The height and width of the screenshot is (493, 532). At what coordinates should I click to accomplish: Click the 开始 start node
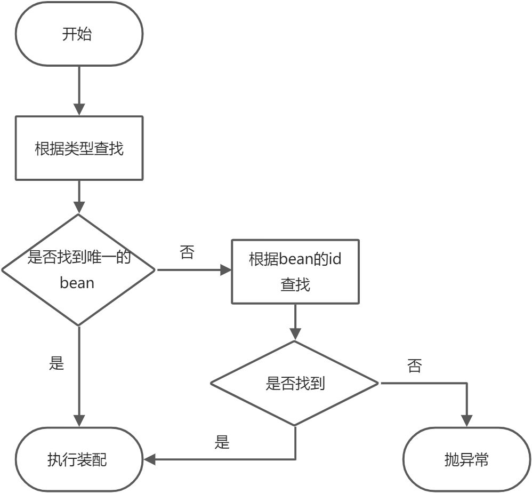click(79, 35)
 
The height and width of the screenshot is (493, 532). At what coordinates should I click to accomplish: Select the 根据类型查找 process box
click(79, 148)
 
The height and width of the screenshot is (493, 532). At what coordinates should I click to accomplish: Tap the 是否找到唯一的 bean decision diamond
click(79, 270)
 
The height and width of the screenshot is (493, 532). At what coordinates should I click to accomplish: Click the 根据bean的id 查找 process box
click(295, 272)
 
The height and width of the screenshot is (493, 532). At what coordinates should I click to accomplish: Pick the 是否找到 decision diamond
click(295, 383)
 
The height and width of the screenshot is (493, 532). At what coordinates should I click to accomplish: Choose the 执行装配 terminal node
click(79, 459)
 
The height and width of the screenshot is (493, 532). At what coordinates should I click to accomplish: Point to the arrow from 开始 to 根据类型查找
click(79, 91)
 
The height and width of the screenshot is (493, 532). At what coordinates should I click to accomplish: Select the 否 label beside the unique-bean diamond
click(187, 252)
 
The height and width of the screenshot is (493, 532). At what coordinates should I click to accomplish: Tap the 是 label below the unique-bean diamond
click(56, 363)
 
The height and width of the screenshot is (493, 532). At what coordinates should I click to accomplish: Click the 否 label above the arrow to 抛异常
click(414, 365)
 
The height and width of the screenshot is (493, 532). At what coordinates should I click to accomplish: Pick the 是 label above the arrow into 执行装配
click(222, 442)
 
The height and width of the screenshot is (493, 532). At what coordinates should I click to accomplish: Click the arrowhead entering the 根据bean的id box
click(225, 270)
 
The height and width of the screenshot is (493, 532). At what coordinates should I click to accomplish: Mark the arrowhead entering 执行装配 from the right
click(150, 459)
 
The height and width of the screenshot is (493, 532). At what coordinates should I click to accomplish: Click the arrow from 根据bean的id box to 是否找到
click(295, 322)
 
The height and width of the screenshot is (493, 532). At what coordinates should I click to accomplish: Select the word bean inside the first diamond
click(77, 282)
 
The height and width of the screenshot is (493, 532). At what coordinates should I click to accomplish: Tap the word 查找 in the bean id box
click(295, 285)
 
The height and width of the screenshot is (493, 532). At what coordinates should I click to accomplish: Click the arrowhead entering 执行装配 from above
click(79, 421)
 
